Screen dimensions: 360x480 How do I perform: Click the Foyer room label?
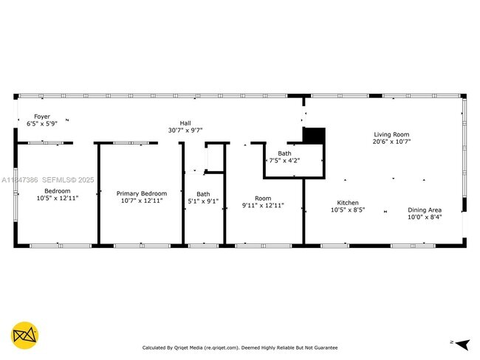point(42,117)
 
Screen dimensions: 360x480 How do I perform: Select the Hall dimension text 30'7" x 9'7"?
point(185,130)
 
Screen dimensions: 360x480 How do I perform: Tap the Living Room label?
point(391,134)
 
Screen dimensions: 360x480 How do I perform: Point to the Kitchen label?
point(348,203)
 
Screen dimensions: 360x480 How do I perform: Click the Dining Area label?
point(425,210)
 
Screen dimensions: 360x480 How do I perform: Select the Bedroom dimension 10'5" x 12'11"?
point(58,198)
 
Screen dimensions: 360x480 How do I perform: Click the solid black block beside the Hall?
point(314,136)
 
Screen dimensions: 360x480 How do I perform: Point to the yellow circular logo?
point(26,334)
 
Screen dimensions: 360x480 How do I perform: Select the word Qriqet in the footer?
point(182,347)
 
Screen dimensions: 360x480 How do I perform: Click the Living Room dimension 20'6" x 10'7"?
point(391,141)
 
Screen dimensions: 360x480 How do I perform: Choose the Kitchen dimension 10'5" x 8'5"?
point(348,210)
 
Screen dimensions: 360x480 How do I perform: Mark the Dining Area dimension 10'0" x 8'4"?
point(425,217)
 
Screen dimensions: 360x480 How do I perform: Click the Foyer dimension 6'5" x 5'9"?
point(42,123)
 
